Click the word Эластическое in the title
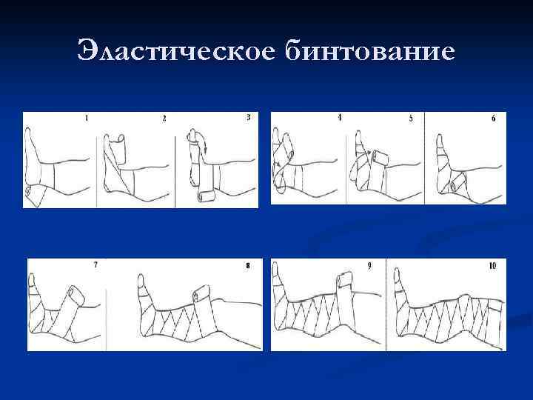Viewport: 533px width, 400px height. coord(175,50)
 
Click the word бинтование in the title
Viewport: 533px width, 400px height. coord(370,50)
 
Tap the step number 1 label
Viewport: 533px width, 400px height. coord(87,118)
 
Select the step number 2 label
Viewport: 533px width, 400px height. coord(164,118)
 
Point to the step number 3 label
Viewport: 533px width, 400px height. coord(249,117)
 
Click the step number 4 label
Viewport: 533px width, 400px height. coord(340,118)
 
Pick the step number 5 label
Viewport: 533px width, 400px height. coord(411,118)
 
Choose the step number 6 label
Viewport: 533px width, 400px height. coord(494,118)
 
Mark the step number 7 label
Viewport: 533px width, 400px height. coord(95,264)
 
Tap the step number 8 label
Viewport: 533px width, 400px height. coord(248,266)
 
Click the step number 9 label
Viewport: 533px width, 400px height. coord(369,266)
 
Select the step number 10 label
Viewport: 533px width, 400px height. coord(492,266)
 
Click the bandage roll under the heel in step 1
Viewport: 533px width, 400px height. coord(31,192)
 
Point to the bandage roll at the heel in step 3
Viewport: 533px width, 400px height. coord(204,196)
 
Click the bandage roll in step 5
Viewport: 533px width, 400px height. coord(379,157)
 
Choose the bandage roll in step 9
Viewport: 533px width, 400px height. coord(346,279)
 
